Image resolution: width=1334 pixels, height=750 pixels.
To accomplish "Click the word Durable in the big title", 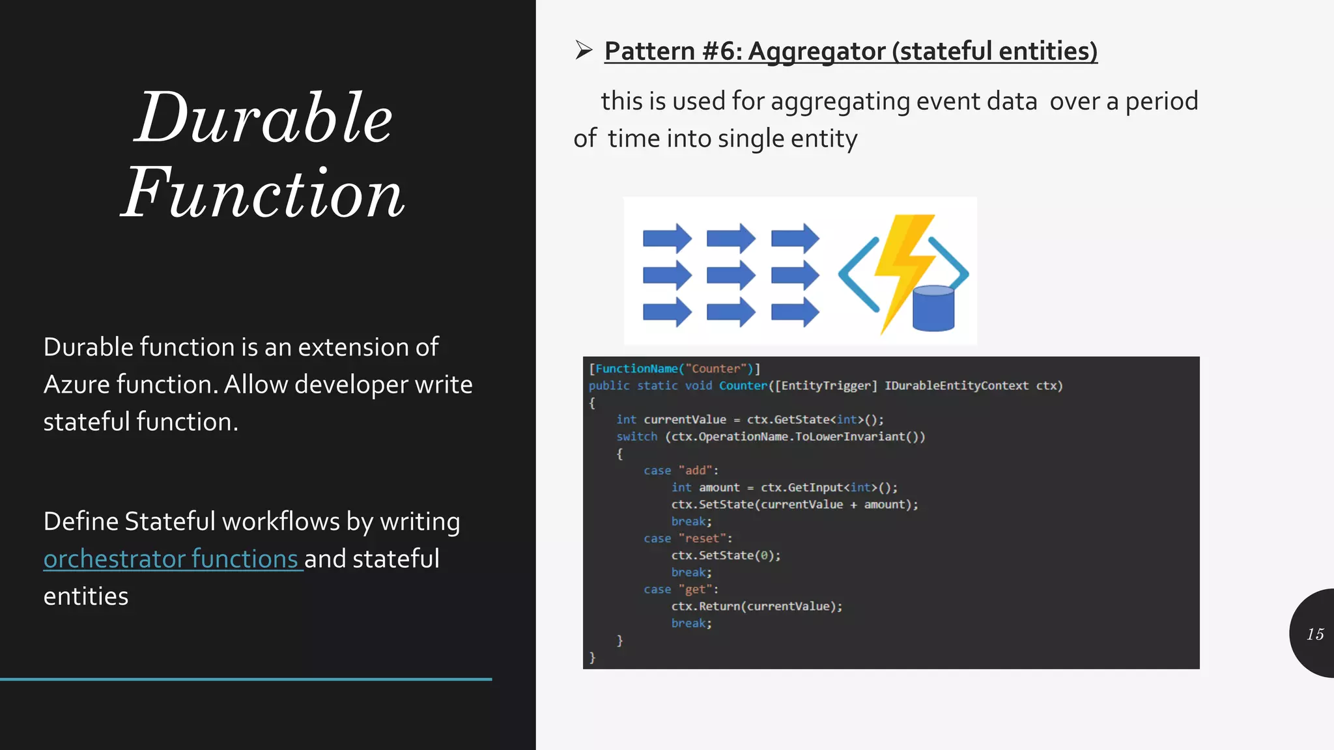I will tap(264, 118).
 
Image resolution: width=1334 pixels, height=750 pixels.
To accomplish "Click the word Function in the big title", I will tap(264, 193).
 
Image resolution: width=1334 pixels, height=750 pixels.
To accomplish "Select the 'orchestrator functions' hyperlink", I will tap(171, 559).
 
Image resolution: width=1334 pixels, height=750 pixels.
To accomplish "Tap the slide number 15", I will tap(1314, 634).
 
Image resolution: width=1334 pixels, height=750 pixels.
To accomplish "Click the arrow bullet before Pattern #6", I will tap(584, 49).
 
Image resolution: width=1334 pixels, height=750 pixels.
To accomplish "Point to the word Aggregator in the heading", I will tap(817, 51).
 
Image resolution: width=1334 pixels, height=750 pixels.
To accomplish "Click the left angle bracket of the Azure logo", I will tap(857, 274).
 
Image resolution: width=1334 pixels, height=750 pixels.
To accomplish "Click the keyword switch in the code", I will tap(636, 437).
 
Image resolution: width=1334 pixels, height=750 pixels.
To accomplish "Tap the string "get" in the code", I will tap(697, 589).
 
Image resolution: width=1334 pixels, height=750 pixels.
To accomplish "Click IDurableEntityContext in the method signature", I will tap(956, 386).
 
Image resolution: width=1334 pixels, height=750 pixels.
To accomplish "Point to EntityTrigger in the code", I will tap(825, 386).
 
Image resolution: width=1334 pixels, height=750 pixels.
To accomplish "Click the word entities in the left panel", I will tap(86, 596).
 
